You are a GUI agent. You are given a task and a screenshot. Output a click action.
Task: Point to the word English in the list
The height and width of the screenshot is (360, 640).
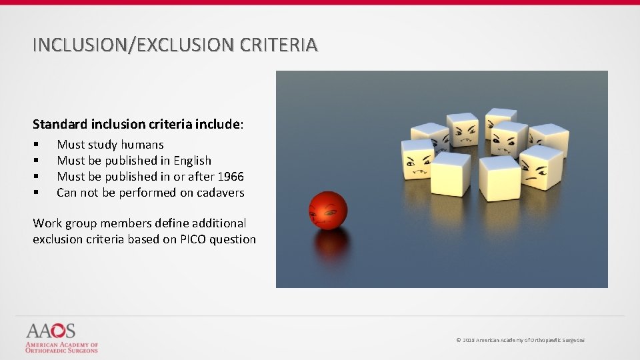click(x=192, y=161)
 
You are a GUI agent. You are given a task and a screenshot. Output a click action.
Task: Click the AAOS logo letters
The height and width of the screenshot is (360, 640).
click(x=50, y=331)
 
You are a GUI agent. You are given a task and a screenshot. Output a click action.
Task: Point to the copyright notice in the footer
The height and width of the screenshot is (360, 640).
click(x=520, y=341)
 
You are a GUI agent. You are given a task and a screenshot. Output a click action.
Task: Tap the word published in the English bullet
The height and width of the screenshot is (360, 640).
click(x=131, y=161)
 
